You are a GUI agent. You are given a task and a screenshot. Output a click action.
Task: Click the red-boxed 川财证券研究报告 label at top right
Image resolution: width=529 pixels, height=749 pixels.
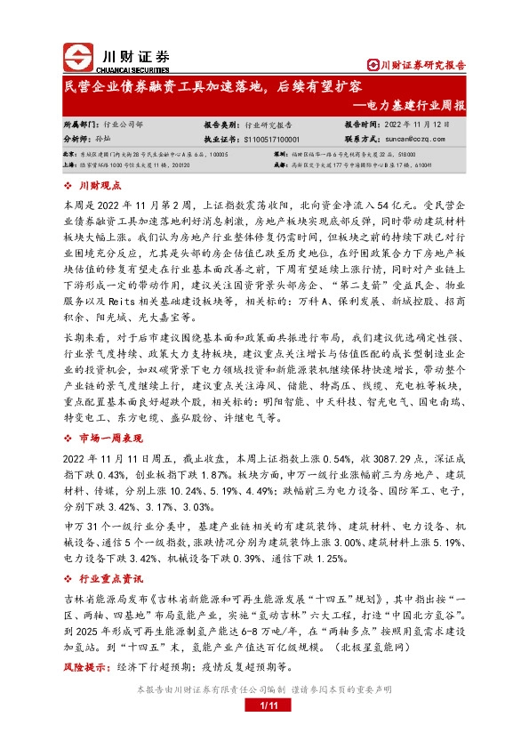(417, 65)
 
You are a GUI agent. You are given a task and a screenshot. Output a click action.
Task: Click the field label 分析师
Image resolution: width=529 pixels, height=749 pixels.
(76, 140)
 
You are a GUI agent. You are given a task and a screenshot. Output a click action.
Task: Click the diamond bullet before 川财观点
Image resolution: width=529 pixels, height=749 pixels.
(70, 185)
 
